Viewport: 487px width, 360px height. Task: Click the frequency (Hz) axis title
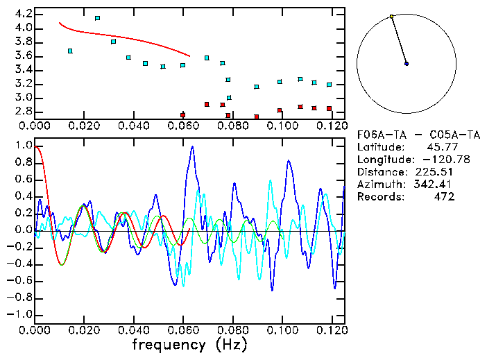pos(190,345)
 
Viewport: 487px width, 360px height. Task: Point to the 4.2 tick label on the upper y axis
pos(23,14)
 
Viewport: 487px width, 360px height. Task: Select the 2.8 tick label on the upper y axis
pos(23,112)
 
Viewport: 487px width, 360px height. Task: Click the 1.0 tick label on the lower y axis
pos(23,146)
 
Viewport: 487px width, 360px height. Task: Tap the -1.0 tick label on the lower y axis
pos(19,314)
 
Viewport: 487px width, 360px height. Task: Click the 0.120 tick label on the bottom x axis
pos(331,329)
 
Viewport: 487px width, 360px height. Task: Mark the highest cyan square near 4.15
pos(97,18)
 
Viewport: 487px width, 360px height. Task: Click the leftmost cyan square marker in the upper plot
pos(70,51)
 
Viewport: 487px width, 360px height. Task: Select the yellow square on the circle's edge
pos(392,16)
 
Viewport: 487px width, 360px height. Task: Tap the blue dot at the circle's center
pos(407,64)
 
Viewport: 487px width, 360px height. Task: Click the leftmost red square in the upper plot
pos(182,115)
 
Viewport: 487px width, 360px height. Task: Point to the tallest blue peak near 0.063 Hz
pos(192,147)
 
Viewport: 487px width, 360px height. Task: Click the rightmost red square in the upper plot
pos(329,108)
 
